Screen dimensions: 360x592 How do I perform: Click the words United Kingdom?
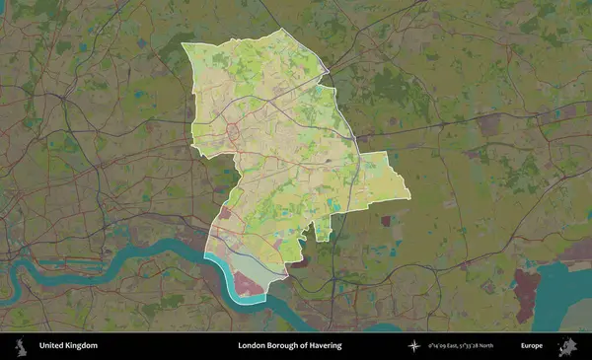68,346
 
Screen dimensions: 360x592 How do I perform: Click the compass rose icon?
413,346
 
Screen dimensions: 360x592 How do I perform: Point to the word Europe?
532,346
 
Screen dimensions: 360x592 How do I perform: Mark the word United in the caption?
51,346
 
